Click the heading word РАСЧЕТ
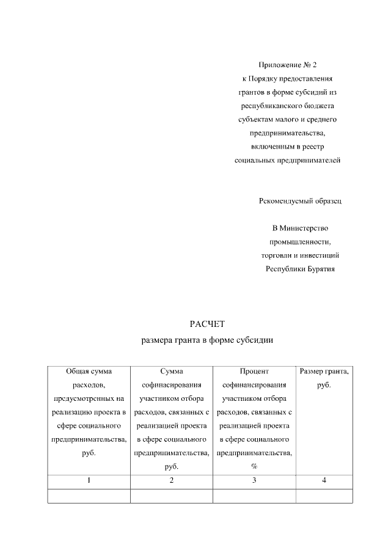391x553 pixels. tap(203, 324)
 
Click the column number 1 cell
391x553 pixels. tap(89, 480)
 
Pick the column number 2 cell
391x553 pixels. tap(172, 480)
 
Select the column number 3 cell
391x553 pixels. tap(254, 480)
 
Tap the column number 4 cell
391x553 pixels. tap(324, 480)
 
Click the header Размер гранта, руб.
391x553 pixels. tap(324, 378)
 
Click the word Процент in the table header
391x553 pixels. tap(254, 371)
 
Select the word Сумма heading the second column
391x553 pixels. tap(172, 371)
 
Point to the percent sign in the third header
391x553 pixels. tap(254, 467)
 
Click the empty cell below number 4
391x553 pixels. tap(324, 496)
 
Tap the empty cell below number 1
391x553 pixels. tap(89, 496)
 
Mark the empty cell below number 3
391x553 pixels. tap(254, 496)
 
